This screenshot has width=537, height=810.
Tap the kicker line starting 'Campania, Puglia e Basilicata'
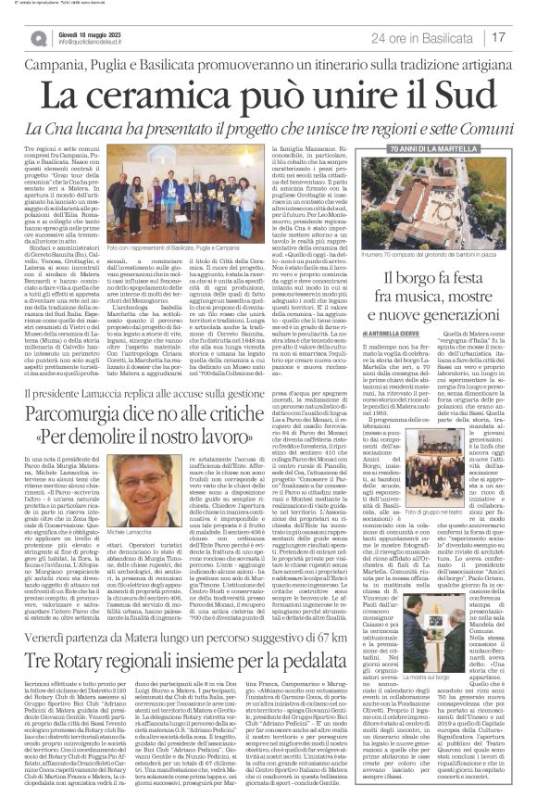pyautogui.click(x=268, y=66)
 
